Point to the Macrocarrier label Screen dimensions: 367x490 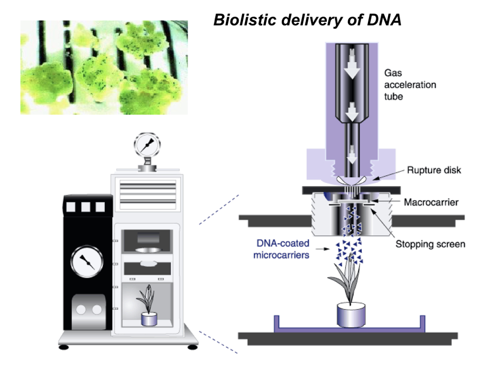tap(430, 202)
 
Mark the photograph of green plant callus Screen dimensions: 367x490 tap(104, 67)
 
